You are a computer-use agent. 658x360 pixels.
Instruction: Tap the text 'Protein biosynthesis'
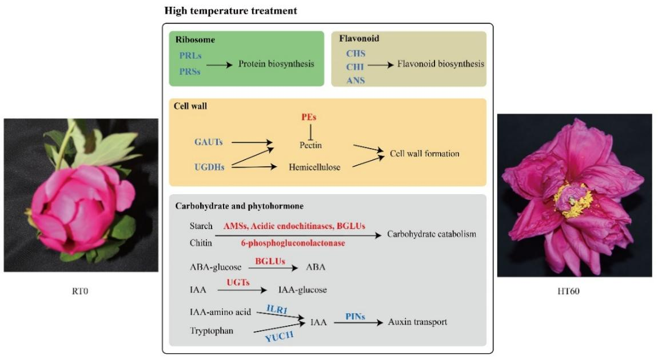pos(276,64)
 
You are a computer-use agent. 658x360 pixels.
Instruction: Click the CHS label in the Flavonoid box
pos(356,54)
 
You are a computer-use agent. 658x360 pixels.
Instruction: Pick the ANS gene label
pos(356,80)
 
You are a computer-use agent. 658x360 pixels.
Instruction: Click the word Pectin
pos(310,145)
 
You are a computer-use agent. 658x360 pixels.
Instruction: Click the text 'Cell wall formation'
pos(425,154)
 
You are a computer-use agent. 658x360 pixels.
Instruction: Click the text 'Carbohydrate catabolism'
pos(432,234)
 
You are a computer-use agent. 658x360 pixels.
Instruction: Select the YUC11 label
pos(280,337)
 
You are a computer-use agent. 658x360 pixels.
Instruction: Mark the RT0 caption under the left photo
pos(81,291)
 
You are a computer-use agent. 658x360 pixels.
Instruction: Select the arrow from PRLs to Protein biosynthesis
pos(219,66)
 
